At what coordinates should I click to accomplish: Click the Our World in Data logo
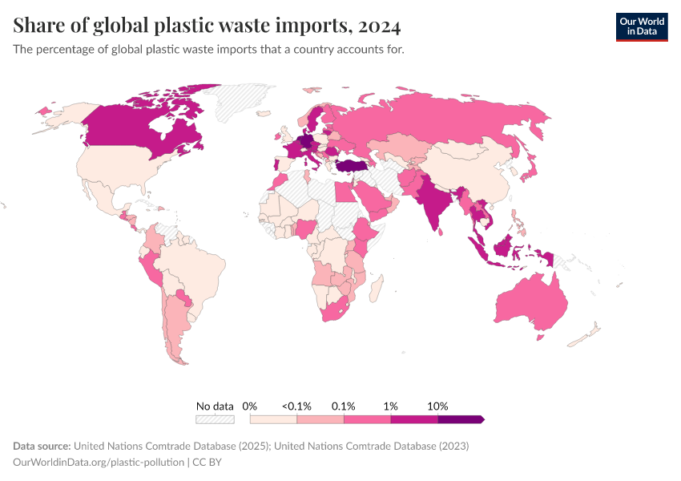(x=641, y=26)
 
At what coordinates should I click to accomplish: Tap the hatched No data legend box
(x=215, y=419)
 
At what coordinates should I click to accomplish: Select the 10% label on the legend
(x=437, y=406)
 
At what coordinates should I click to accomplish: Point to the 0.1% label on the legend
(x=344, y=406)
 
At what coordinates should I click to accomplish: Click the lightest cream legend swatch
(x=273, y=419)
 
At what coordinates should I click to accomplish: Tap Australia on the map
(x=532, y=305)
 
